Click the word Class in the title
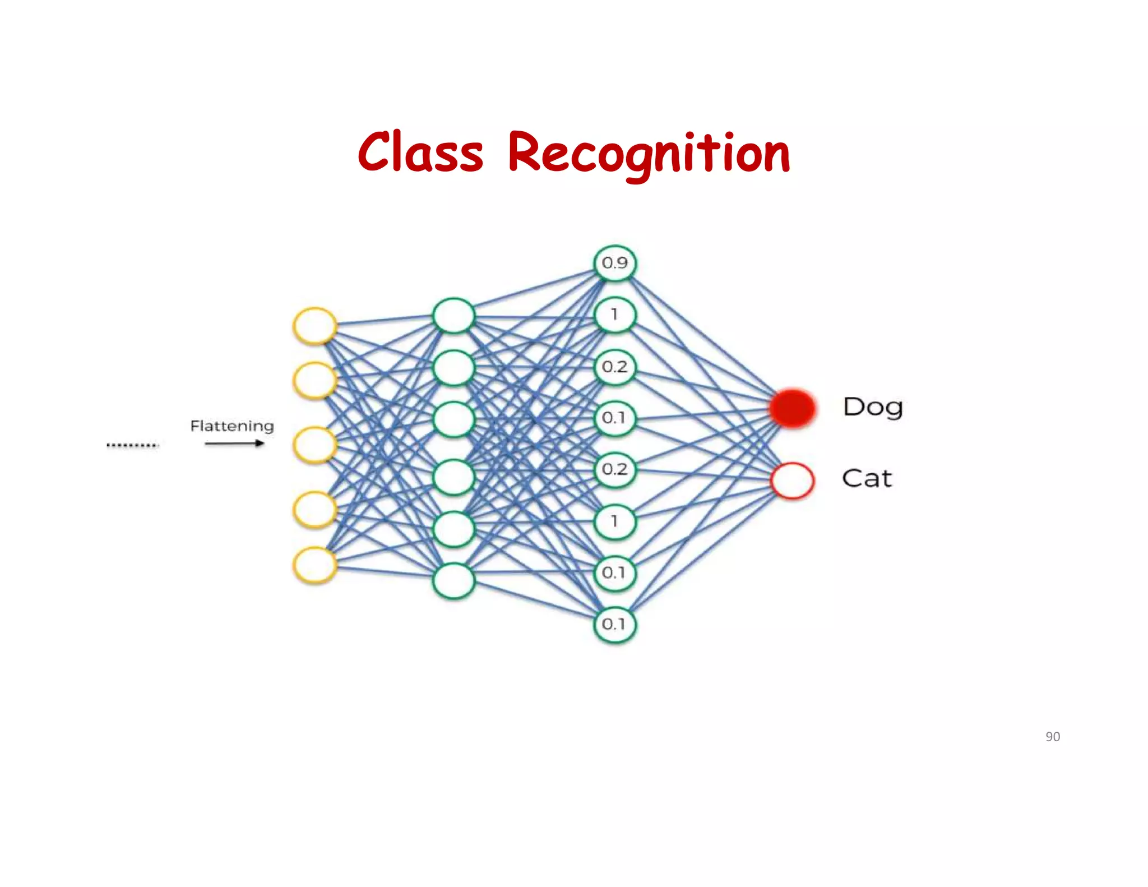(x=420, y=153)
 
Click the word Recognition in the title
(x=649, y=154)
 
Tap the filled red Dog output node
(x=792, y=408)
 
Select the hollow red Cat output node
(x=792, y=481)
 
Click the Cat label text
(x=867, y=478)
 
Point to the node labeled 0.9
(x=615, y=263)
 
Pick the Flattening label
(x=232, y=426)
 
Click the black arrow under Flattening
(x=234, y=444)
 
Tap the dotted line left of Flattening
(x=133, y=445)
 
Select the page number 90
(x=1052, y=737)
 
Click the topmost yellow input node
(x=315, y=326)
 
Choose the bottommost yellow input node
(x=315, y=565)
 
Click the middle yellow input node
(x=315, y=445)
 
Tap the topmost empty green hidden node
(x=453, y=316)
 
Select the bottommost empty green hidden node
(x=453, y=581)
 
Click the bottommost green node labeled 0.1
(x=615, y=624)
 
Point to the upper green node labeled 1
(x=615, y=315)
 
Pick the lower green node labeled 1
(x=615, y=521)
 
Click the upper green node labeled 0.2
(x=615, y=367)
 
